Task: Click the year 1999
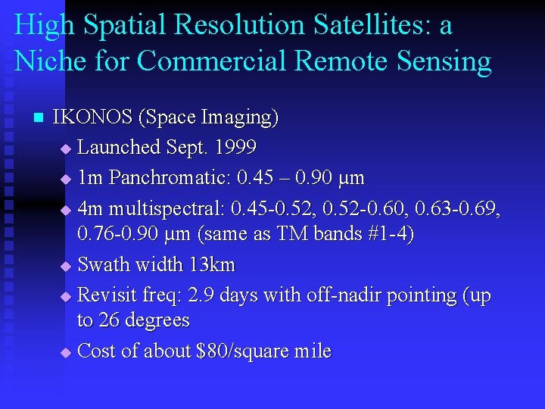(235, 147)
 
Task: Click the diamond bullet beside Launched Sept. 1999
(65, 148)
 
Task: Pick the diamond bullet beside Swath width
(65, 267)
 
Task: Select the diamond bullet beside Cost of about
(65, 353)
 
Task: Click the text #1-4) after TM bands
(388, 235)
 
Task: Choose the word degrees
(154, 321)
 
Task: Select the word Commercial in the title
(190, 61)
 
